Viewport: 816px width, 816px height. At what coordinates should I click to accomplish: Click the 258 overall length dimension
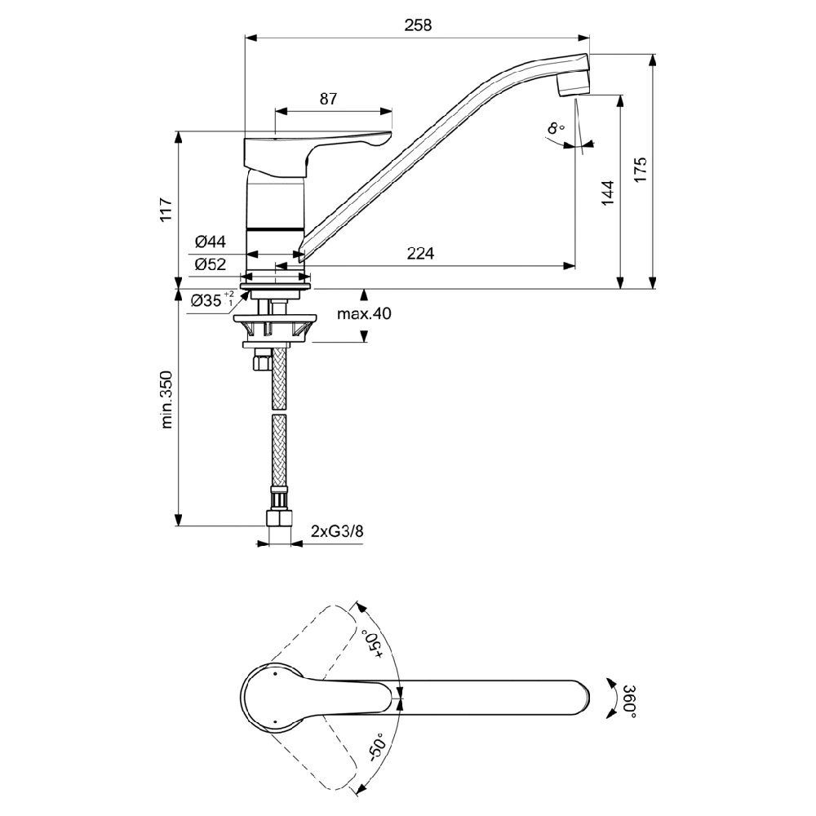419,25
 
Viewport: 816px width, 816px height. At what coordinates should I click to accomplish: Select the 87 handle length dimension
328,100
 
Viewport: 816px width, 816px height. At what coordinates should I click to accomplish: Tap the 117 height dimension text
166,210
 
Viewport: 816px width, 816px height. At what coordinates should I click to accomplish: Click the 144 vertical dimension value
607,193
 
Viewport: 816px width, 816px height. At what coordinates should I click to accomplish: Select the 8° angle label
556,128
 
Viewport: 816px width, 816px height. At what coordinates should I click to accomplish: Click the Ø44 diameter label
210,242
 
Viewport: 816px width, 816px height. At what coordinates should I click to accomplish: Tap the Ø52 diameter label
210,264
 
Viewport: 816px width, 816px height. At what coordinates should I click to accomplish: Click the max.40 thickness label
364,314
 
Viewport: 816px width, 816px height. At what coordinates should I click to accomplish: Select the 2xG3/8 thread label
337,531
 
